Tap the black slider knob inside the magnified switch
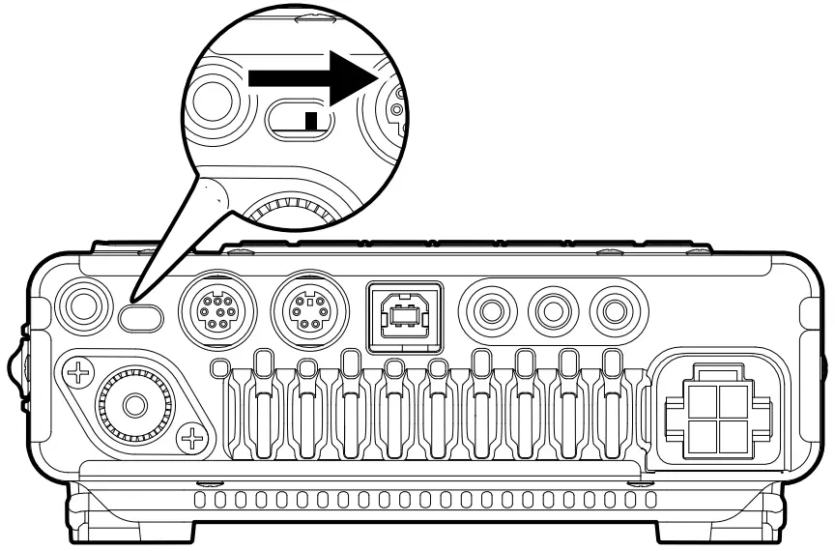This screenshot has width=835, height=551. (x=310, y=121)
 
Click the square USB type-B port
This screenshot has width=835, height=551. (x=404, y=313)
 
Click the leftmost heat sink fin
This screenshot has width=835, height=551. (x=259, y=406)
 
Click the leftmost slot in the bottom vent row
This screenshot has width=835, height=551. (x=199, y=500)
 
